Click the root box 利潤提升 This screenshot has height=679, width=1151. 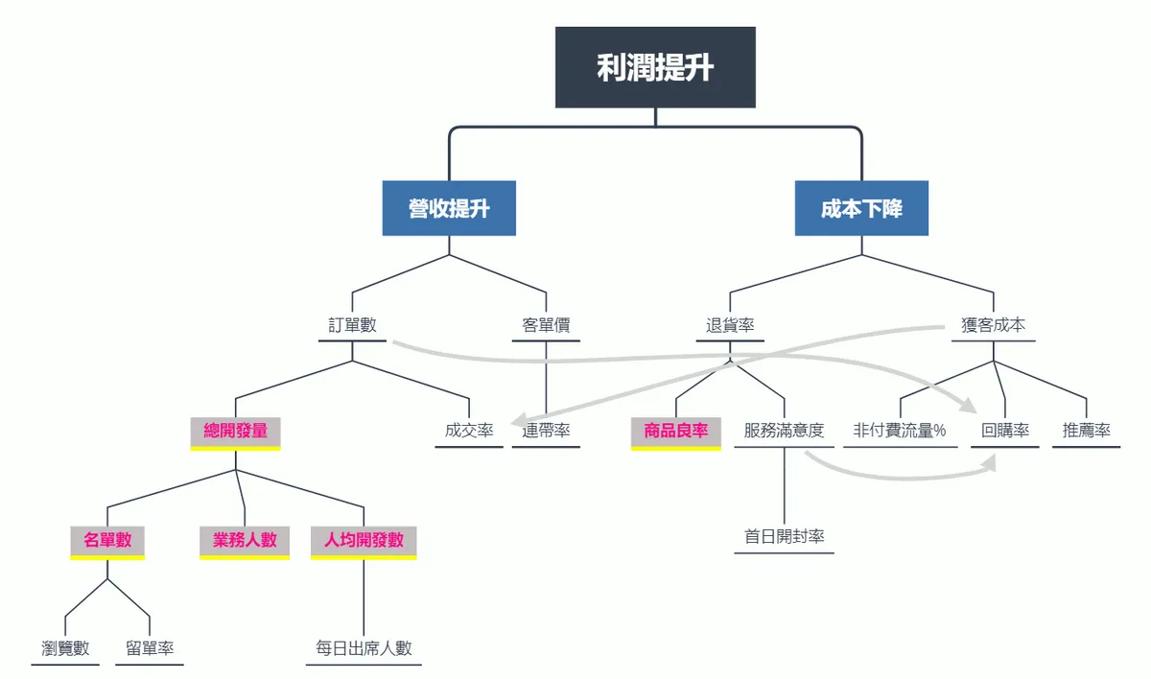pos(655,67)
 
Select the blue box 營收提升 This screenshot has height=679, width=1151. pos(449,208)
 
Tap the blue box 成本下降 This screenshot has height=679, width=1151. pos(861,208)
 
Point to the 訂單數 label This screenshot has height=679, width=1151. pos(353,325)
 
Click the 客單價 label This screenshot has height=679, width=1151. pos(546,325)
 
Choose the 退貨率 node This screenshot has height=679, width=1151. pos(730,325)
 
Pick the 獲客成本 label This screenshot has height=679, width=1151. pos(994,325)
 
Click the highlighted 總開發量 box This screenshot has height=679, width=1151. pos(235,433)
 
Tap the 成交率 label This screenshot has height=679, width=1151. pos(469,431)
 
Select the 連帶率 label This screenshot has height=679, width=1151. pos(546,431)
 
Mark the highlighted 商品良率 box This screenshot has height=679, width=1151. pos(675,433)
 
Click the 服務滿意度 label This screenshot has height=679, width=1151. pos(785,431)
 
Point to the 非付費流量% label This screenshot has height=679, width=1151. pos(900,431)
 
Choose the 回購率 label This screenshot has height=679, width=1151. pos(1005,431)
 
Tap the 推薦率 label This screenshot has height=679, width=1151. pos(1086,431)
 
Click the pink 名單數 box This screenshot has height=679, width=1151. pos(107,543)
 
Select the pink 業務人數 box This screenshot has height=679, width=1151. pos(245,543)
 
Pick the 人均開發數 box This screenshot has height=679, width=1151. pos(364,543)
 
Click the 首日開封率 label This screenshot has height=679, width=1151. pos(785,537)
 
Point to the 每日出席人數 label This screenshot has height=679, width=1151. pos(364,648)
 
